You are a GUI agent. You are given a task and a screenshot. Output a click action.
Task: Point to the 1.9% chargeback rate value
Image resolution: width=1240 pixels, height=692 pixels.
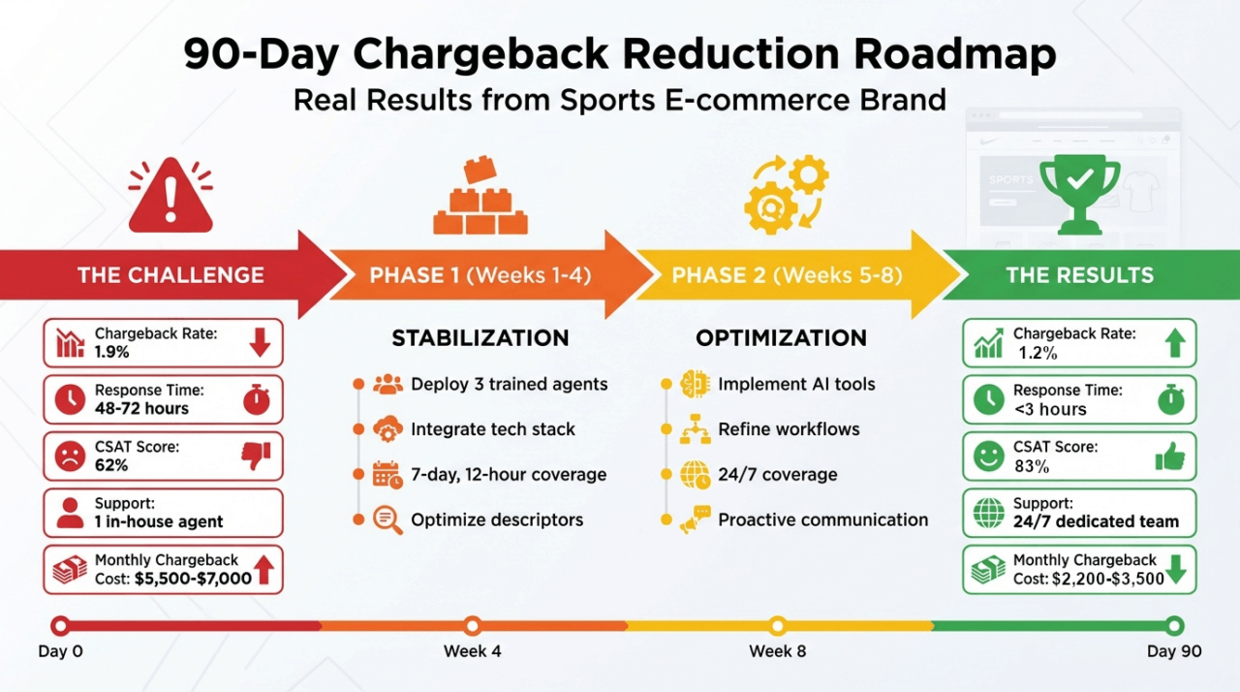tap(112, 353)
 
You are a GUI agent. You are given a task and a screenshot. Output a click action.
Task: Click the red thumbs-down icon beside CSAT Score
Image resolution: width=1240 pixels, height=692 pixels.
tap(257, 456)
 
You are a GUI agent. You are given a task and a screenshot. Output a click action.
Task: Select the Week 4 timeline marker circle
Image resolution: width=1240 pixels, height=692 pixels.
tap(472, 625)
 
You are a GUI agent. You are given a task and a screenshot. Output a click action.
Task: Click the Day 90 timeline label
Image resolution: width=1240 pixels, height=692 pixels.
tap(1174, 651)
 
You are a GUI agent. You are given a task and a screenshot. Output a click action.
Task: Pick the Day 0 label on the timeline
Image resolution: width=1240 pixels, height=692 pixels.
tap(60, 651)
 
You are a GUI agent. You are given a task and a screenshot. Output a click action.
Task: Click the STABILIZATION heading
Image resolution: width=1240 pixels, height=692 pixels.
tap(480, 338)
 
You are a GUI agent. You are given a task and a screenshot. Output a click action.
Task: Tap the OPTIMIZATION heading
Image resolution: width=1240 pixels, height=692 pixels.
tap(781, 338)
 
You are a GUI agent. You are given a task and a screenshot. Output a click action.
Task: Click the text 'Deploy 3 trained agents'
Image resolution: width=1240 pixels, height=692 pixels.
tap(509, 384)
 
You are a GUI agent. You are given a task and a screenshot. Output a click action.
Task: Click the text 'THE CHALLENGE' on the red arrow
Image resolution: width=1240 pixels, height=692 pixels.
tap(170, 274)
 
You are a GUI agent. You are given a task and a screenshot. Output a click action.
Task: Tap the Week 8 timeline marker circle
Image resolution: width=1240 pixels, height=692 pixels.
tap(777, 625)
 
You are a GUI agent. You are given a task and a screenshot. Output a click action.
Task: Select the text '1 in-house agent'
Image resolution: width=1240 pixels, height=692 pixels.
tap(159, 521)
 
